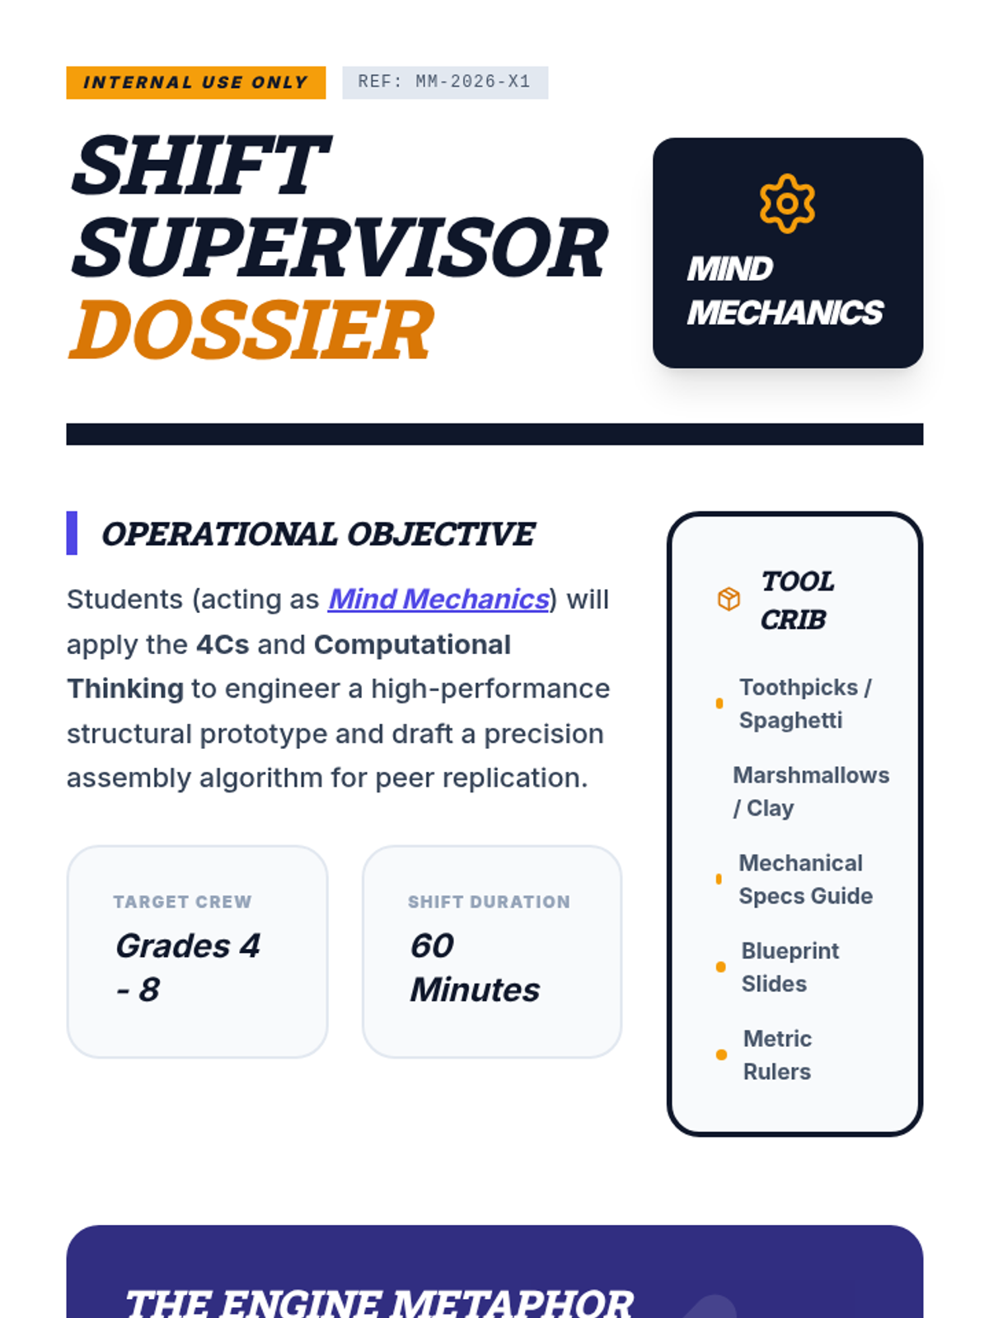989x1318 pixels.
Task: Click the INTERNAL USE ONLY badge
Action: pyautogui.click(x=196, y=82)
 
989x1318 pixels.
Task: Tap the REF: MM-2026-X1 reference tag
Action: pyautogui.click(x=445, y=82)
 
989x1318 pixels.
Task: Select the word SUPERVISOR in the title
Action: pyautogui.click(x=340, y=248)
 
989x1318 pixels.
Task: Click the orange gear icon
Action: pyautogui.click(x=787, y=203)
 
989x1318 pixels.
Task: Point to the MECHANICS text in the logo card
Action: pyautogui.click(x=785, y=313)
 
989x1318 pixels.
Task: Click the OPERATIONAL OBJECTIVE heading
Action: pyautogui.click(x=318, y=534)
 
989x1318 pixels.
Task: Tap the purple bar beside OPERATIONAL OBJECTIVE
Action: pyautogui.click(x=72, y=533)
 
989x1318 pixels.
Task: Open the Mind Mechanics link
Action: pyautogui.click(x=439, y=599)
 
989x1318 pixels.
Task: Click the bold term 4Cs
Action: pyautogui.click(x=223, y=644)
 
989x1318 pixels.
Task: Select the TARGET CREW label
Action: pyautogui.click(x=182, y=902)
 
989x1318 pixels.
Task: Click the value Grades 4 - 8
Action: pyautogui.click(x=188, y=967)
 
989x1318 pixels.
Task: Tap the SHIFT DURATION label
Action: pyautogui.click(x=489, y=902)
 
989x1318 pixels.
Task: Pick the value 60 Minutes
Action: pyautogui.click(x=475, y=967)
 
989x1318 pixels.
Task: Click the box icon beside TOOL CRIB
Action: pyautogui.click(x=729, y=599)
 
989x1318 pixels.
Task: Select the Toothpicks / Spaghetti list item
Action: pyautogui.click(x=805, y=703)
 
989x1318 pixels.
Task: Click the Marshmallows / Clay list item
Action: pyautogui.click(x=811, y=792)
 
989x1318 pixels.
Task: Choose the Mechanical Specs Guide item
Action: pyautogui.click(x=805, y=879)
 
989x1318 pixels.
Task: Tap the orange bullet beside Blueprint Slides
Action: pyautogui.click(x=721, y=967)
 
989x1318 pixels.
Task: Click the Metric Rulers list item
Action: pyautogui.click(x=777, y=1055)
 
